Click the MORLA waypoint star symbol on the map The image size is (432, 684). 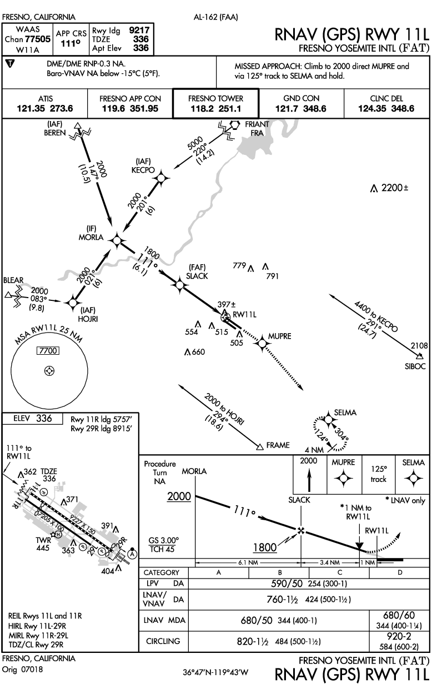(117, 240)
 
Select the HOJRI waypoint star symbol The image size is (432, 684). (73, 303)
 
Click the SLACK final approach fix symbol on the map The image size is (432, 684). (179, 285)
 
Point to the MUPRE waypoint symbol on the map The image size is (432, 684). (262, 344)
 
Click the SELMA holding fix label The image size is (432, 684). (345, 413)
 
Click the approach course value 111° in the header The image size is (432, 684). (67, 42)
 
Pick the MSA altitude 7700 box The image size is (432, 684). (48, 351)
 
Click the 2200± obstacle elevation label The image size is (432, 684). (395, 189)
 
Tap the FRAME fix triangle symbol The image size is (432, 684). (259, 445)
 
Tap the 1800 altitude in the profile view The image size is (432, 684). (265, 548)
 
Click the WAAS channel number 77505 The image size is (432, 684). (34, 39)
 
